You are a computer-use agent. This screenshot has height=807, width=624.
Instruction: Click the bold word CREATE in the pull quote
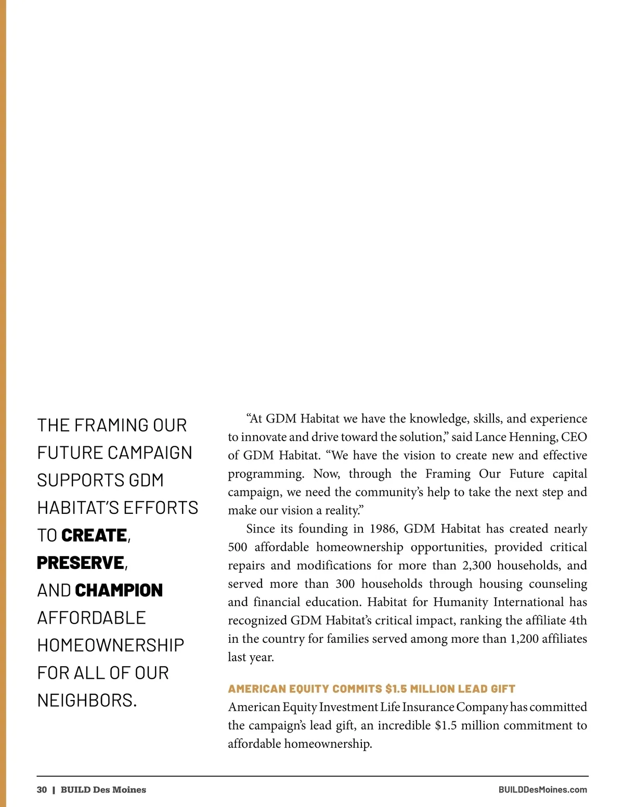pyautogui.click(x=94, y=535)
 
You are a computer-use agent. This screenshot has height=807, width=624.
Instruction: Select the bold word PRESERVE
pyautogui.click(x=81, y=563)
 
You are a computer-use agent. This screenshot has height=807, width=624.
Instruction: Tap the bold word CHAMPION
pyautogui.click(x=119, y=590)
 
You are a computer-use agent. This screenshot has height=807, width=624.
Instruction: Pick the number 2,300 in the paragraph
pyautogui.click(x=476, y=565)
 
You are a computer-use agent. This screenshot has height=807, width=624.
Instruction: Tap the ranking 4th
pyautogui.click(x=578, y=620)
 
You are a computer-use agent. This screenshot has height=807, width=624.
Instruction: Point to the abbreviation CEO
pyautogui.click(x=574, y=437)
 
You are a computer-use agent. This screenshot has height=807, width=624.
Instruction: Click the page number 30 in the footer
pyautogui.click(x=42, y=790)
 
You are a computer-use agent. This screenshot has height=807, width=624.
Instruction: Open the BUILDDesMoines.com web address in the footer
pyautogui.click(x=542, y=790)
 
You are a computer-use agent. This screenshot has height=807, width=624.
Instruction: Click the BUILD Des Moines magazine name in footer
pyautogui.click(x=103, y=790)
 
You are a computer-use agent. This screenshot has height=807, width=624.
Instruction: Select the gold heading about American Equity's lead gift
pyautogui.click(x=371, y=689)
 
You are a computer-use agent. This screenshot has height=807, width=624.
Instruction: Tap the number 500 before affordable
pyautogui.click(x=238, y=547)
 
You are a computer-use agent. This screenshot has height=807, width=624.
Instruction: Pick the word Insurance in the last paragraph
pyautogui.click(x=428, y=707)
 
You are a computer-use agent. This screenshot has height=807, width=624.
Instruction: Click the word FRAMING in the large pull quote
pyautogui.click(x=111, y=425)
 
